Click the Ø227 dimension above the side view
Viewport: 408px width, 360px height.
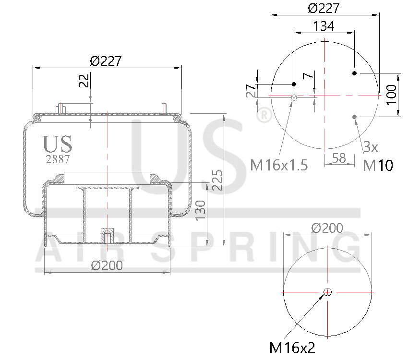tap(106, 61)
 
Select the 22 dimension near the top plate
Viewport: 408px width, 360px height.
tap(84, 81)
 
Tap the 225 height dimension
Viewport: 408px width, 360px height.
tap(217, 180)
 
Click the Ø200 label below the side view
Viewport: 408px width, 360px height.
tap(107, 265)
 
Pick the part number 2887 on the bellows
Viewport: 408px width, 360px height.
tap(58, 159)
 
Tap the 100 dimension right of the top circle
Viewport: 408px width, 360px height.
tap(391, 95)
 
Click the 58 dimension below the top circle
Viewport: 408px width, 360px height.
tap(339, 157)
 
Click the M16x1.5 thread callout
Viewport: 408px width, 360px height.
tap(279, 165)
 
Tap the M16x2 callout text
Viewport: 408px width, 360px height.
tap(292, 347)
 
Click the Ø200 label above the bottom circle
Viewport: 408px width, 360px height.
tap(327, 228)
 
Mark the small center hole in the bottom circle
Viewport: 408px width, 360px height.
tap(328, 292)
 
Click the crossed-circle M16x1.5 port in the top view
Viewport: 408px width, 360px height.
tap(294, 98)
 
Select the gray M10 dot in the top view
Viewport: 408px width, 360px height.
tap(355, 117)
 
